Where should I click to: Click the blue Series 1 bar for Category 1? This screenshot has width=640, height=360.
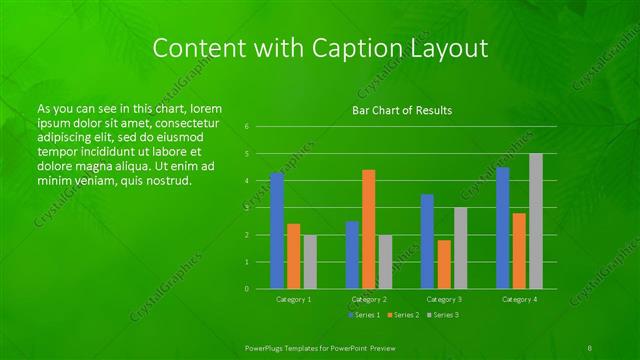tap(277, 230)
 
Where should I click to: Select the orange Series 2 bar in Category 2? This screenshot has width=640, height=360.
tap(369, 229)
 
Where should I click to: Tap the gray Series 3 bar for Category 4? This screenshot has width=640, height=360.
tap(536, 221)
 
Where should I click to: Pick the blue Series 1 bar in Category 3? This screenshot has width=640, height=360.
tap(427, 241)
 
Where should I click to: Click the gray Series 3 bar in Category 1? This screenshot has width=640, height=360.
tap(310, 262)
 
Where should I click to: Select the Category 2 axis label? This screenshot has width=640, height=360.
tap(369, 299)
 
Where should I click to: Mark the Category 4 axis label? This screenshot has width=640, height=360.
tap(519, 299)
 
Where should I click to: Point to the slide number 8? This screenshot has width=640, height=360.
tap(590, 346)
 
